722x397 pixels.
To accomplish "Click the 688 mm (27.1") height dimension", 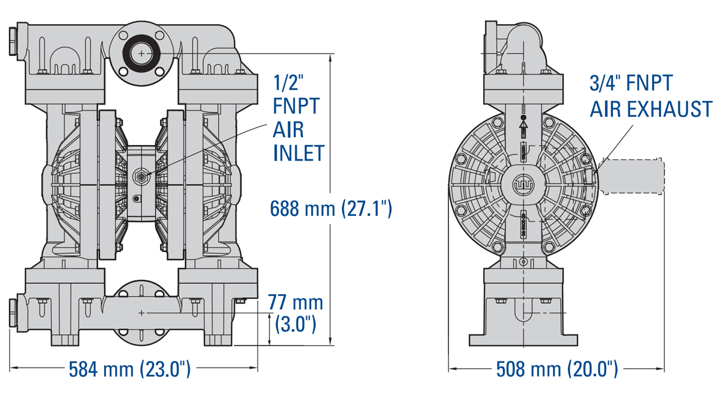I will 331,209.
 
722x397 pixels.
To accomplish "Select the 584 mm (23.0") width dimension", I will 130,368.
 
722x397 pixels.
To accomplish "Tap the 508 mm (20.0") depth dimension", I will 557,368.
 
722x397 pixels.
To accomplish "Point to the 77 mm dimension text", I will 295,303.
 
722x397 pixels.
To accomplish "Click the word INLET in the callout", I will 298,153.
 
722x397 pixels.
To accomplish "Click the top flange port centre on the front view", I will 141,54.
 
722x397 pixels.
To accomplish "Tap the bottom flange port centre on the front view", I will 141,313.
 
